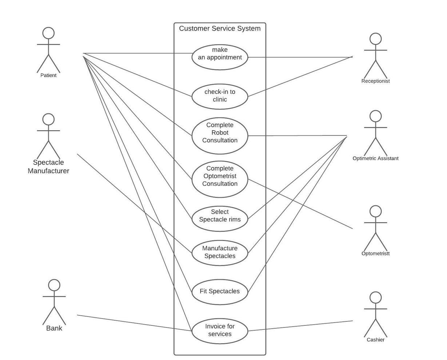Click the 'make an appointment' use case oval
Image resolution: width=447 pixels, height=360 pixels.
220,57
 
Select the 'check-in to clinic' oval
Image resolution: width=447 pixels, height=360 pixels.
220,96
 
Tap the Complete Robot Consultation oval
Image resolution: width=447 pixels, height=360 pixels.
220,135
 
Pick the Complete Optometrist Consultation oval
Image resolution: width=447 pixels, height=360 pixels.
220,179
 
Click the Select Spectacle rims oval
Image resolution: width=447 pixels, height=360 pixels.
220,219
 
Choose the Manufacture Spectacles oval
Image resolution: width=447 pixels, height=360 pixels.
220,252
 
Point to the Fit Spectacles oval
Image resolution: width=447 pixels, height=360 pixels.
220,291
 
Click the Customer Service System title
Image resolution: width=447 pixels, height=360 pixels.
220,28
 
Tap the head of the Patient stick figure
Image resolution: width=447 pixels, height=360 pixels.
48,33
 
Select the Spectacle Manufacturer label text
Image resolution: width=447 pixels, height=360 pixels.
48,167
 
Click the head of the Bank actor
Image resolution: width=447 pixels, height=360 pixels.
54,285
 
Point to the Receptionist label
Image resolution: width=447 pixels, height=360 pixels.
375,81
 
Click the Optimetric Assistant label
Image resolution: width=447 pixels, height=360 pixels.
375,158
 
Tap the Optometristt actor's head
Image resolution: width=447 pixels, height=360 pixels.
375,211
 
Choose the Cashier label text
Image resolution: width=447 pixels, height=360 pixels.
375,340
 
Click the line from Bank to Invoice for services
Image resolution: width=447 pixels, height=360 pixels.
135,323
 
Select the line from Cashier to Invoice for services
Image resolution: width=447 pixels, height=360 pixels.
300,326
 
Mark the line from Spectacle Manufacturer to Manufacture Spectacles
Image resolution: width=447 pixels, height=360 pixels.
135,203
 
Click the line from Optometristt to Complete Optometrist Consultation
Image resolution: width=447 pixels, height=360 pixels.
300,203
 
